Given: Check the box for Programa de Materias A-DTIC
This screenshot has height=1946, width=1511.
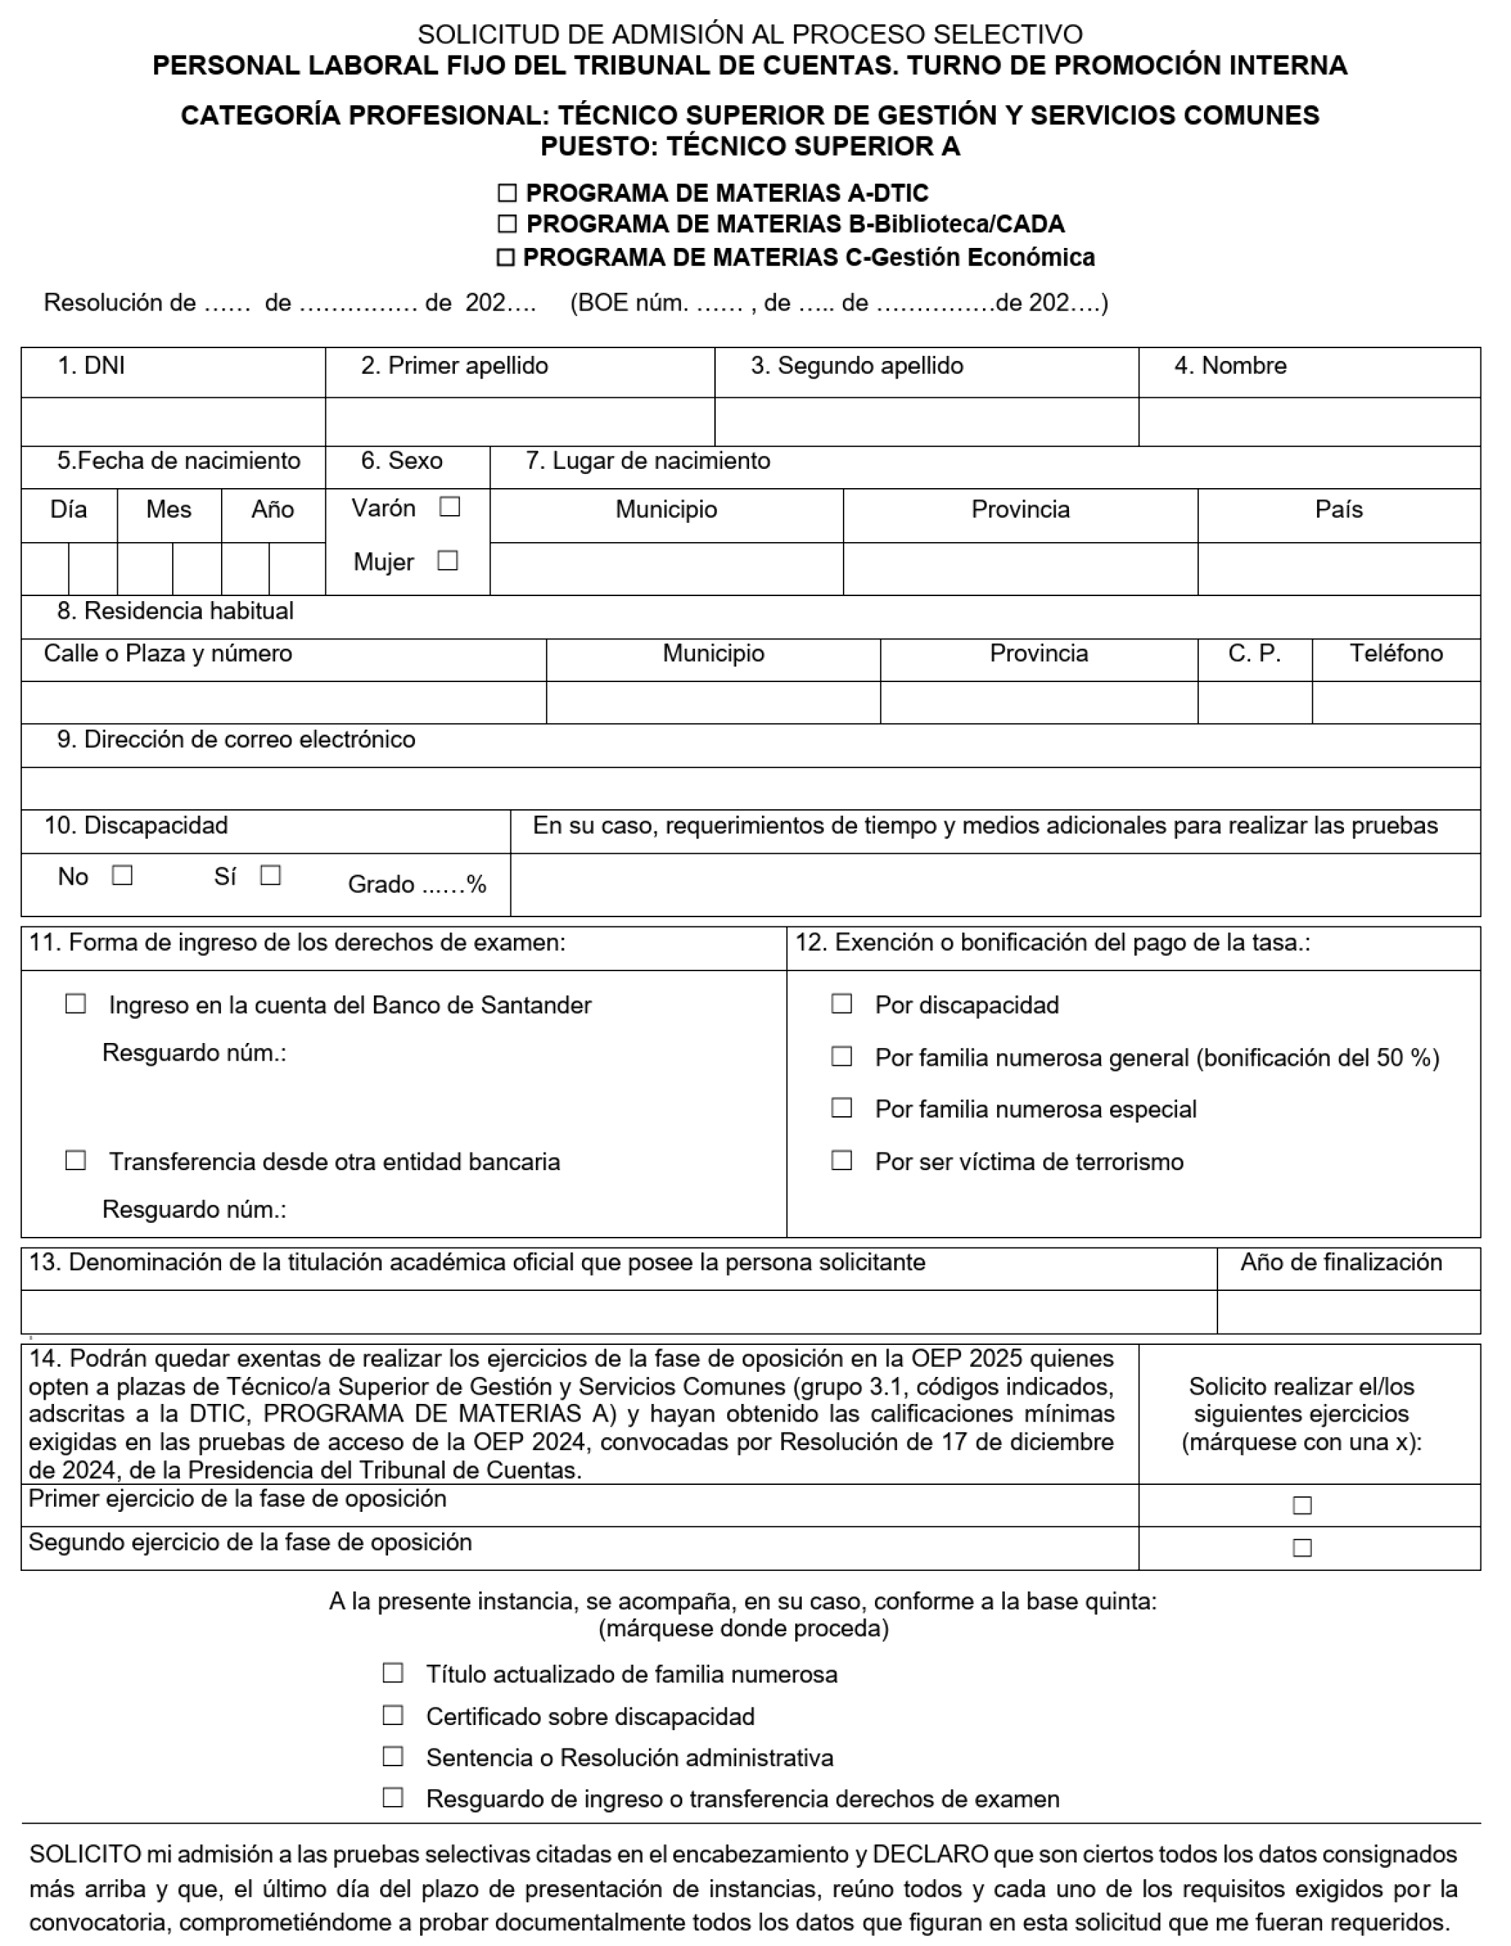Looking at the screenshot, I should point(506,193).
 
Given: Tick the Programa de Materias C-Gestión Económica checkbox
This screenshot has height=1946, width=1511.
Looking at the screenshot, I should point(505,257).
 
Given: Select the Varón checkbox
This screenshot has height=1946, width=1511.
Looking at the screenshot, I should point(450,507).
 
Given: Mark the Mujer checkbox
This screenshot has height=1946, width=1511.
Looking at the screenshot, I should point(448,561).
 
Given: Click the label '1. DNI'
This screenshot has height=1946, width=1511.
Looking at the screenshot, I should point(91,366).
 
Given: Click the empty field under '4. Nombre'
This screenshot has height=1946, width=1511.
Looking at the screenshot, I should point(1308,422).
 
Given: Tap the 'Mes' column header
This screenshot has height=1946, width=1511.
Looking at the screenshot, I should point(168,509).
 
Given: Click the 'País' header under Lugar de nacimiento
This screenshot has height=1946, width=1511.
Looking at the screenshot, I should point(1338,509).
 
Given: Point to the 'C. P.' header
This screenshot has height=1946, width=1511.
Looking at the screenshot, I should point(1254,654).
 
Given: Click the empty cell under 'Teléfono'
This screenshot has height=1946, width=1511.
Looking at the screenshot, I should point(1395,703).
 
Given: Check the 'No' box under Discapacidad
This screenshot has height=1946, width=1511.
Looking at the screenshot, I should point(123,876).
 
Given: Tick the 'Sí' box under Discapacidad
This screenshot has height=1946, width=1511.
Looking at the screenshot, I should point(271,876).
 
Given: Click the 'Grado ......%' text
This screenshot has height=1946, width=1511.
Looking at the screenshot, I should point(416,885).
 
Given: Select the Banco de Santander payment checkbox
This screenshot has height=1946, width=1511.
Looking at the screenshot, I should point(76,1004).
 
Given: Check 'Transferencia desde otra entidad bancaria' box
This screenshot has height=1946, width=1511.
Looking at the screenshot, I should point(76,1161).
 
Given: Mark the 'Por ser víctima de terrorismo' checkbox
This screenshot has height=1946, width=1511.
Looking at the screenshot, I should point(841,1161).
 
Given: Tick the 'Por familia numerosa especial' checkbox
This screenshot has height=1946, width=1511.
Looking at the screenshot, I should point(841,1108).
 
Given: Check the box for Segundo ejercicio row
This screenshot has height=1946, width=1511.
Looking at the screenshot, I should point(1301,1547).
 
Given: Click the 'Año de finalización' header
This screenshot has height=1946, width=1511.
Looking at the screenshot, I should point(1340,1263).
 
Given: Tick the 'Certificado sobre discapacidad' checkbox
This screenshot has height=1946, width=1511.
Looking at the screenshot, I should point(393,1715).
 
